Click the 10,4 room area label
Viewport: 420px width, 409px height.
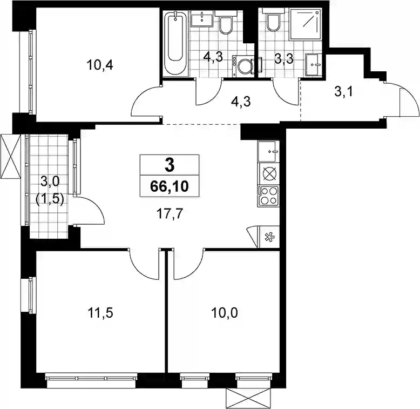coord(100,65)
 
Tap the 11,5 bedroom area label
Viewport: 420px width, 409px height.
coord(100,313)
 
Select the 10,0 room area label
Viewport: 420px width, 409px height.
coord(225,313)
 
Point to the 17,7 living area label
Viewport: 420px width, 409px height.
coord(170,214)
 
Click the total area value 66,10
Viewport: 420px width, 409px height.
coord(170,186)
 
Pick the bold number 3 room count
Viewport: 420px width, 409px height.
coord(170,165)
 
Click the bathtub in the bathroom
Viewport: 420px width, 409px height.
coord(175,42)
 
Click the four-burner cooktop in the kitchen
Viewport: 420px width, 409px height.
coord(268,196)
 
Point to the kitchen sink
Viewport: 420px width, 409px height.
coord(268,151)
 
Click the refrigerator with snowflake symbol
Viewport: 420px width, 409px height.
coord(268,237)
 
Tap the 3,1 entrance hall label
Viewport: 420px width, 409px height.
coord(344,92)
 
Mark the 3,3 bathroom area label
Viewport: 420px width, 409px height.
coord(284,58)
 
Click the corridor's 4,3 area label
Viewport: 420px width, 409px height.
coord(241,102)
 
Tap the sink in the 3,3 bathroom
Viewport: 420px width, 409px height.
coord(314,65)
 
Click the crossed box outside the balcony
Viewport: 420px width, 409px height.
coord(10,156)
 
